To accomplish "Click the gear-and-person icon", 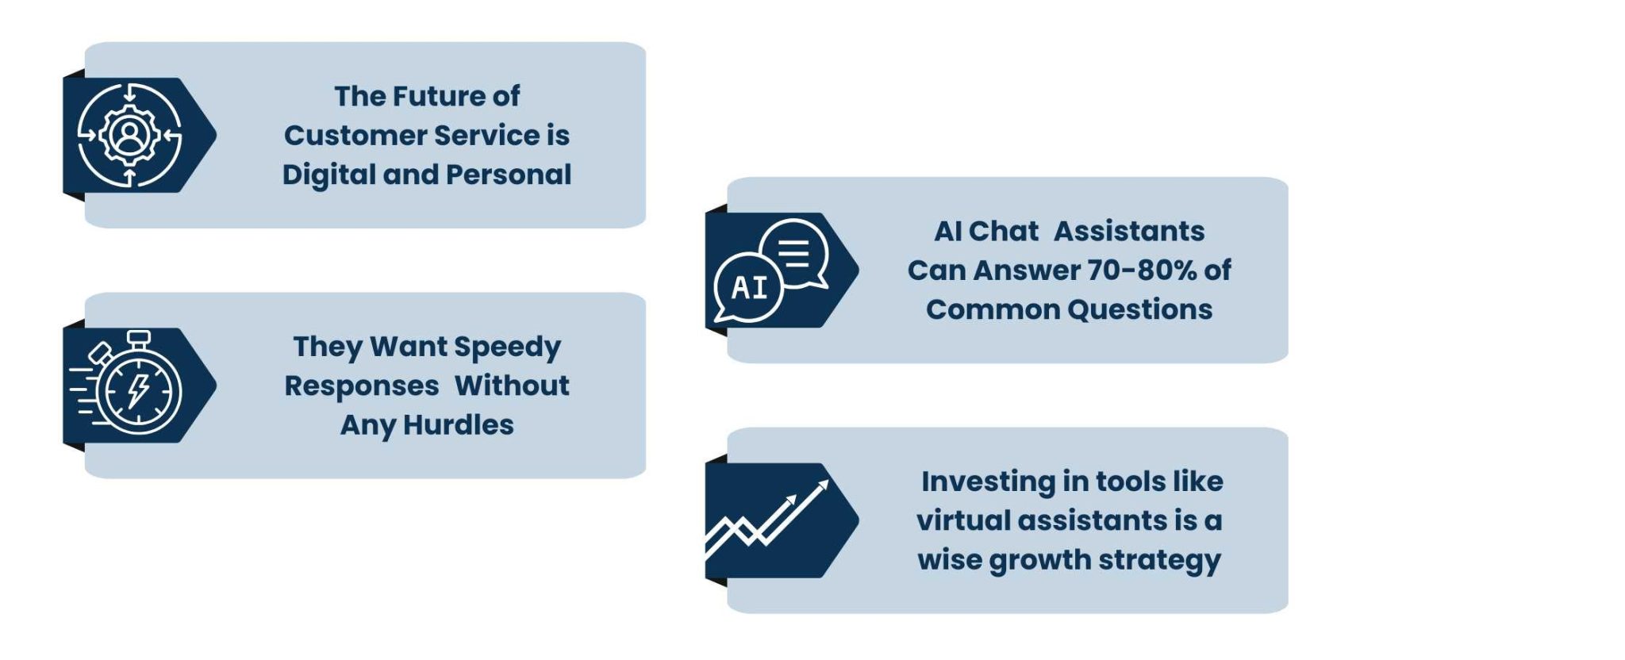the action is click(129, 135).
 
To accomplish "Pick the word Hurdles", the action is click(458, 425).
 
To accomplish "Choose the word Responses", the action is click(362, 386).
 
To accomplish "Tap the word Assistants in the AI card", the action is click(1128, 232).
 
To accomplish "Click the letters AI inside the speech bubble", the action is click(750, 287).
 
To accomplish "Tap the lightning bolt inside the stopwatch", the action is click(139, 390).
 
